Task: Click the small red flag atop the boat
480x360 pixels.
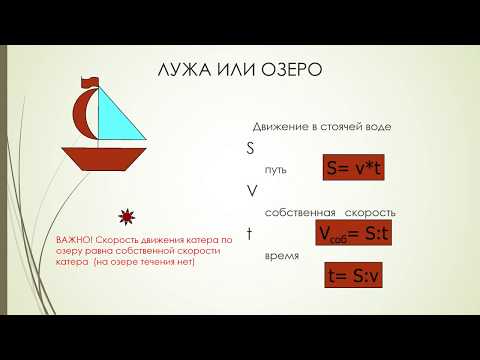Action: pyautogui.click(x=92, y=79)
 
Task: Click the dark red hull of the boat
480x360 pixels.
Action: pyautogui.click(x=102, y=160)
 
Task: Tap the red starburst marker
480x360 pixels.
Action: pyautogui.click(x=126, y=217)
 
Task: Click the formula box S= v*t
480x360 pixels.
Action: pyautogui.click(x=353, y=168)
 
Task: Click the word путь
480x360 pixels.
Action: pyautogui.click(x=275, y=169)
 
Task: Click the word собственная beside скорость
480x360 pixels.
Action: pyautogui.click(x=299, y=213)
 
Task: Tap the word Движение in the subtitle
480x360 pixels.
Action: pyautogui.click(x=279, y=127)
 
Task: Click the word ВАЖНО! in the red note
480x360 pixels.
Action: pyautogui.click(x=75, y=241)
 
